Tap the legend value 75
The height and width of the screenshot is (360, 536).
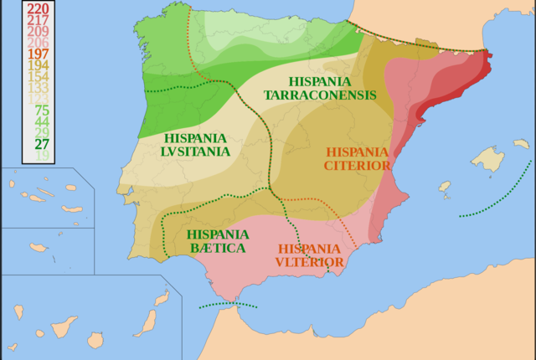(42, 111)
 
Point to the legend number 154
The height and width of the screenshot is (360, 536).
(37, 76)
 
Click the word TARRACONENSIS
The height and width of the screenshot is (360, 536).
(320, 95)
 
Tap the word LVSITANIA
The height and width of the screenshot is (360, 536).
(195, 151)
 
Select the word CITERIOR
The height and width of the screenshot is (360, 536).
(357, 166)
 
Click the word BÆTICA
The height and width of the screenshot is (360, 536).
(217, 249)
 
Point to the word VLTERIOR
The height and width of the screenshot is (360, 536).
(309, 262)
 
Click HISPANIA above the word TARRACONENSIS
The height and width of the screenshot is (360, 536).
(319, 81)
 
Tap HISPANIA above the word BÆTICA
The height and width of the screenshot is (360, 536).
(218, 234)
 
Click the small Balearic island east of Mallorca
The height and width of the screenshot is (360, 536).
(521, 144)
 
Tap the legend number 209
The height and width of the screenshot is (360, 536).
(37, 31)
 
